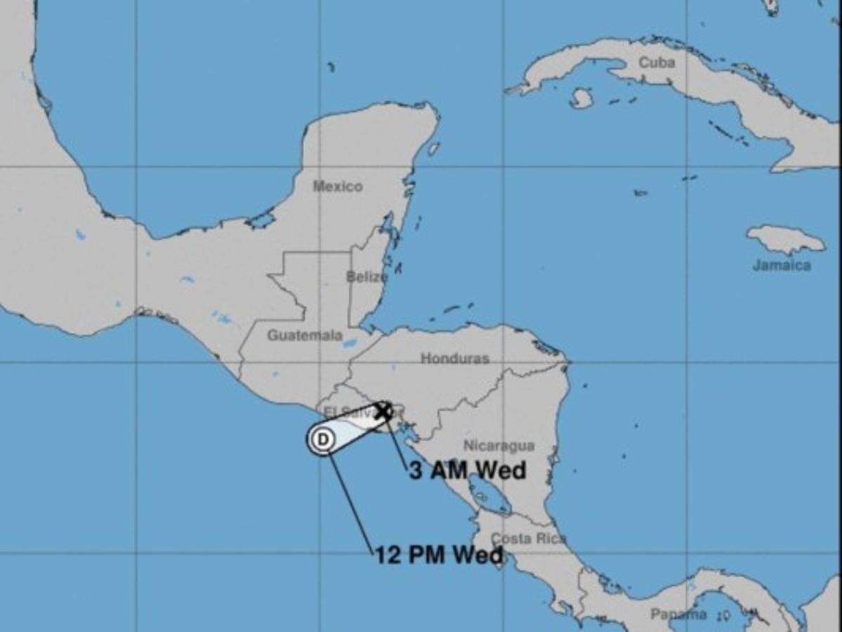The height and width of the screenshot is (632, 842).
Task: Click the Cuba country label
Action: tap(657, 62)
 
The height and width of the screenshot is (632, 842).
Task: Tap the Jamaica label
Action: tap(782, 265)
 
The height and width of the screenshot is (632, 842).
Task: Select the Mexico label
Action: tap(337, 186)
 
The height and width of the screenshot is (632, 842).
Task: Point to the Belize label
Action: tap(367, 277)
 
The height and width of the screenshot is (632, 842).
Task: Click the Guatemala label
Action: tap(305, 335)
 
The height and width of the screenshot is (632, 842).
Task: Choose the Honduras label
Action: tap(455, 358)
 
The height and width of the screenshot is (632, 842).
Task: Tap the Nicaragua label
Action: tap(499, 446)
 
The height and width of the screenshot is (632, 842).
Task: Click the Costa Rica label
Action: tap(528, 539)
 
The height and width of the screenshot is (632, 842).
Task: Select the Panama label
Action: tap(678, 614)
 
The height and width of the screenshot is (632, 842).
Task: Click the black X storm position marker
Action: tap(383, 411)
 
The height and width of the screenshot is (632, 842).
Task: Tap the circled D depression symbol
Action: tap(322, 440)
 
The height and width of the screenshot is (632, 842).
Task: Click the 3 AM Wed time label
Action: tap(468, 470)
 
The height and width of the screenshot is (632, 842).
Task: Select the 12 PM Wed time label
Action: tap(439, 555)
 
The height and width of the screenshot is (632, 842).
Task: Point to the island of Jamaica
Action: tap(785, 239)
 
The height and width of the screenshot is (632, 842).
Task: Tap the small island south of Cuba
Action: tap(581, 98)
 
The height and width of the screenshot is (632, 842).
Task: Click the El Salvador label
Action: tap(341, 412)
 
